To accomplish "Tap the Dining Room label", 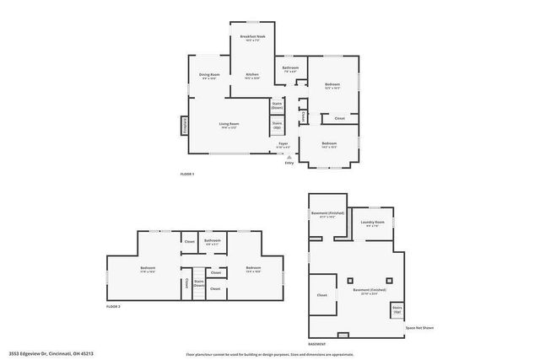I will click(x=209, y=76).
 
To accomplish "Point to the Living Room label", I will click(x=227, y=126).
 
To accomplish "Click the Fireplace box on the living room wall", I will click(x=184, y=125).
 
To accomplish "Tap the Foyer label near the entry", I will click(x=283, y=145).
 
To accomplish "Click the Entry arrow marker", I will click(x=288, y=158).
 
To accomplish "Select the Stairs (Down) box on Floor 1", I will click(x=276, y=105).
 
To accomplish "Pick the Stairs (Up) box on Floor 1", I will click(x=276, y=126).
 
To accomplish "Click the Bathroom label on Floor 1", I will click(x=290, y=68).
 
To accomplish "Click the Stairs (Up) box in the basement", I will click(x=397, y=311).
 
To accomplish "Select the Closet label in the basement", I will click(x=321, y=295).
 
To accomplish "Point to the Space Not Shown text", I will click(x=419, y=327).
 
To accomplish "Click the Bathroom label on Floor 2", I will click(x=213, y=242).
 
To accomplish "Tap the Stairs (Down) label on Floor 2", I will click(x=199, y=283).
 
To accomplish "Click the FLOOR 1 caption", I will click(x=187, y=174).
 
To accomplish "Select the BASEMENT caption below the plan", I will click(x=316, y=344).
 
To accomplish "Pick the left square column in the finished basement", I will click(x=348, y=279).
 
